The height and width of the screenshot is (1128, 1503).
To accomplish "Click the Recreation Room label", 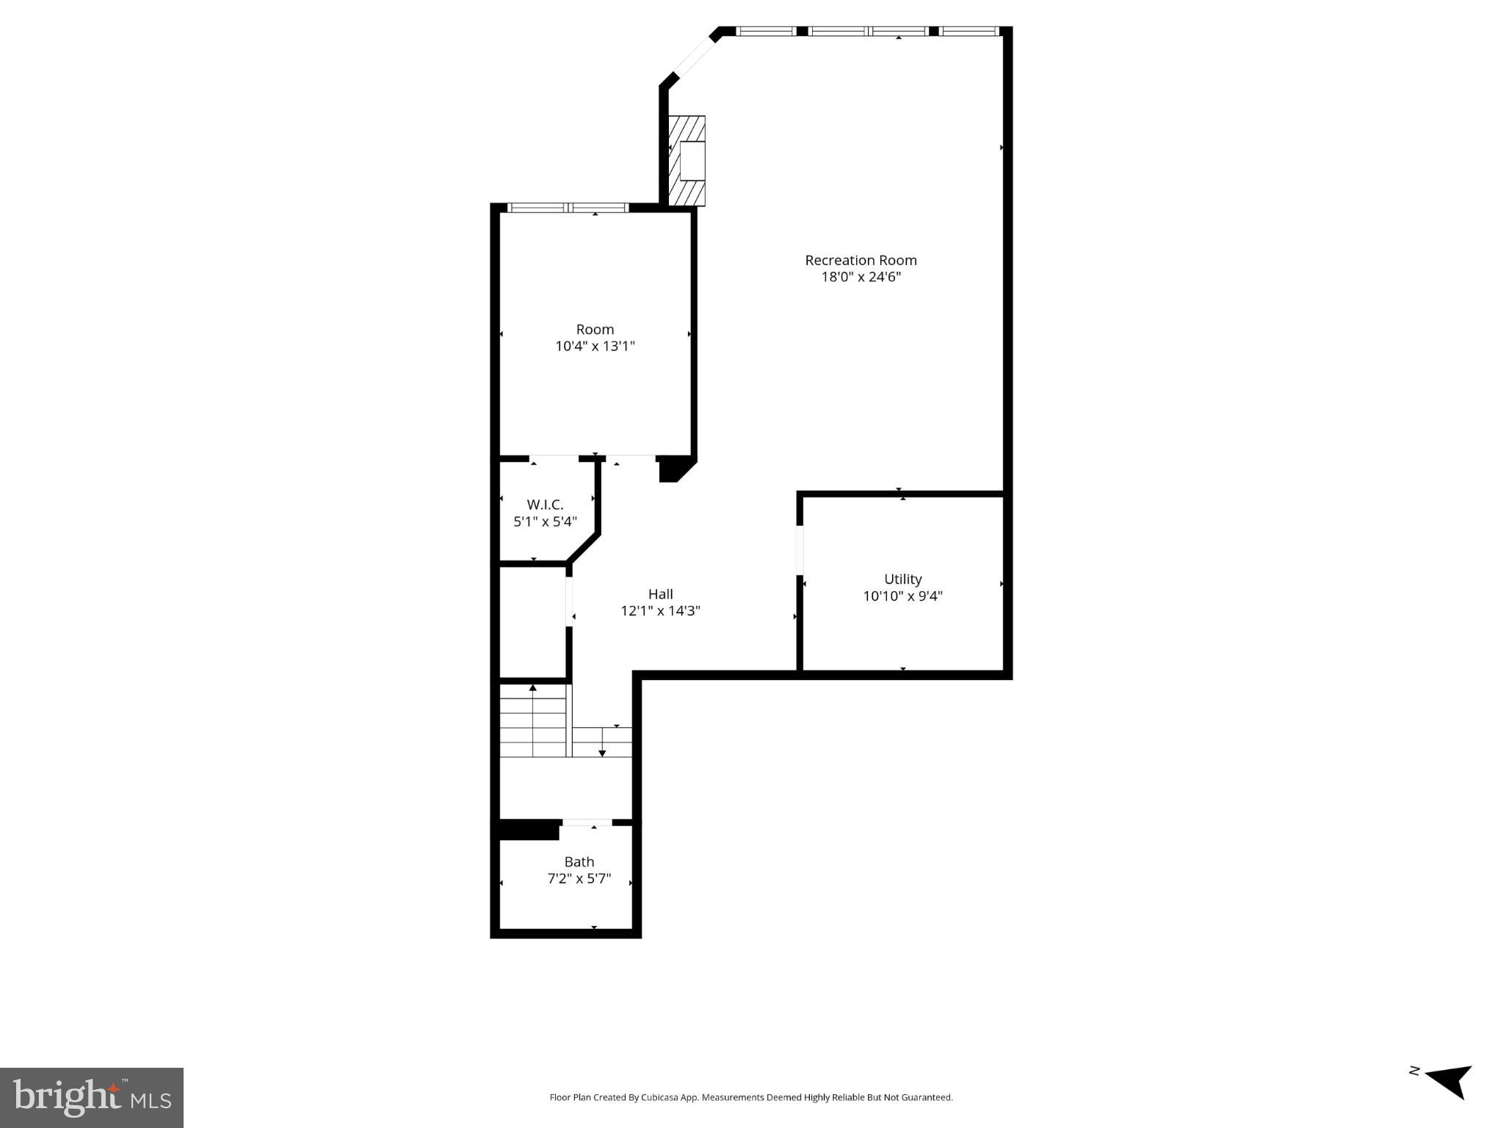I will pos(861,260).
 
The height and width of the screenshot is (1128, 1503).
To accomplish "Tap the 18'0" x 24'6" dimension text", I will pos(861,277).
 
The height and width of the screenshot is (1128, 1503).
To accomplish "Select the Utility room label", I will pos(902,579).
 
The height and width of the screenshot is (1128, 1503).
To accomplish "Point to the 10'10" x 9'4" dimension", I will pos(902,596).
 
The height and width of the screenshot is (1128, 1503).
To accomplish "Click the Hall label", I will pos(660,593).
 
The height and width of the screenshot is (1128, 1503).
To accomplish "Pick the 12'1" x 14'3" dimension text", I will pos(660,610).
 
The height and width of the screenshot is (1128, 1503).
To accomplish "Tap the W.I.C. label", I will pos(545,505).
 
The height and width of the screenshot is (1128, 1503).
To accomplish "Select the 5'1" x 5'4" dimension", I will pos(545,521).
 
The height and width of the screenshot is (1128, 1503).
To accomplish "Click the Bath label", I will pos(579,861).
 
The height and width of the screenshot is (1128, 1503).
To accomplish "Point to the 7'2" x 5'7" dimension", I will pos(579,878).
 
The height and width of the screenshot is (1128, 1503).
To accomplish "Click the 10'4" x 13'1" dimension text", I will pos(595,346).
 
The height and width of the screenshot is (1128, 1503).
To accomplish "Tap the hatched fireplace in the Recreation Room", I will pos(687,161).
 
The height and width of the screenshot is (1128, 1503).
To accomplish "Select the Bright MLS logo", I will pos(92,1097).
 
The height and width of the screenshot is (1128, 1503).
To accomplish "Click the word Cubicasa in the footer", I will pos(659,1097).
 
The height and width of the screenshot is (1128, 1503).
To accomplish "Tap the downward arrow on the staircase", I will pos(602,751).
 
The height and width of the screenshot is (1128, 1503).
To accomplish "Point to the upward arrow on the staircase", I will pos(532,689).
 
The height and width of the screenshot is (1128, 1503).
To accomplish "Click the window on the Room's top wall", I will pos(568,208).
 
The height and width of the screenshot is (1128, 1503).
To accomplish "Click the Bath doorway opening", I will pos(587,822).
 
